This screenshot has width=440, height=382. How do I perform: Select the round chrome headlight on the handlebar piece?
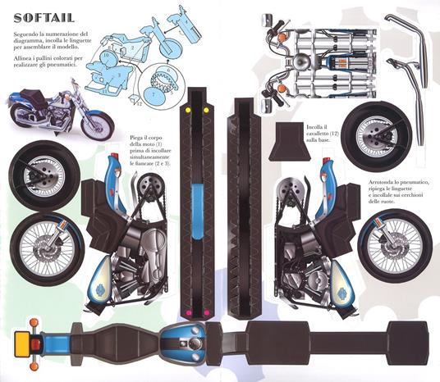(x=303, y=63)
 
